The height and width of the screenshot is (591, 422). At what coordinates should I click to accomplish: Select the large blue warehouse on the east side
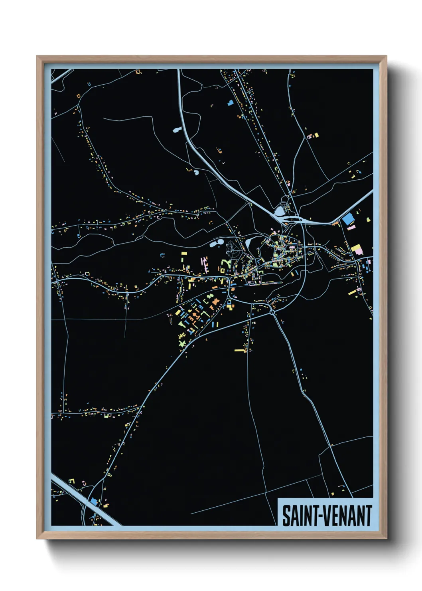[x=348, y=218]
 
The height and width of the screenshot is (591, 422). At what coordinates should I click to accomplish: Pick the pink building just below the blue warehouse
[x=351, y=228]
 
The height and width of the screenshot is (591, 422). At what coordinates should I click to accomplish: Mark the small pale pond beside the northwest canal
[x=177, y=129]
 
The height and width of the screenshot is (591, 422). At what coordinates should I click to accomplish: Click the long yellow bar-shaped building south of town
[x=239, y=351]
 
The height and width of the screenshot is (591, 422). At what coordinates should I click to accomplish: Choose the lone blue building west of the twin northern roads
[x=230, y=103]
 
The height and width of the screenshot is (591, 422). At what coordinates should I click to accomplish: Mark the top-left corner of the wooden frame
[x=37, y=56]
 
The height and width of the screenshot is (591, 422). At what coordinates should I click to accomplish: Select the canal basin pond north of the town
[x=280, y=209]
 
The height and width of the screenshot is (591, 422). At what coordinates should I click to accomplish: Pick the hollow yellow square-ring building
[x=223, y=270]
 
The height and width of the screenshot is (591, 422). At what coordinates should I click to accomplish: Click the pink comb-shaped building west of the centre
[x=205, y=263]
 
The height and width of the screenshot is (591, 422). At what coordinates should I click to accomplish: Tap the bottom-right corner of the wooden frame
[x=386, y=538]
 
